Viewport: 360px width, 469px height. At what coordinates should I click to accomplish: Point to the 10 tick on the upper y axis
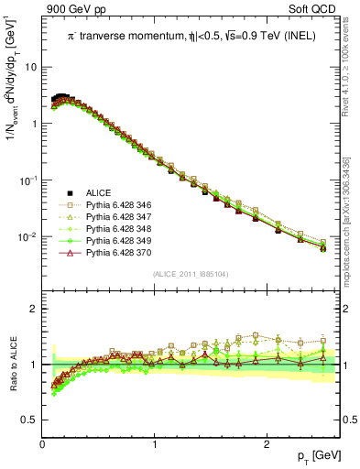click(x=31, y=67)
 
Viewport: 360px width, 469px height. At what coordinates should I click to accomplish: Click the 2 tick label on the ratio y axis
click(x=34, y=310)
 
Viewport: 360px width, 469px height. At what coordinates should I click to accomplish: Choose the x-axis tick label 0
click(x=42, y=443)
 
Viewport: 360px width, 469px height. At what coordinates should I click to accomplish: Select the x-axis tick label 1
click(x=154, y=443)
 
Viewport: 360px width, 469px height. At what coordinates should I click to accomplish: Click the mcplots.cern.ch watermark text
click(x=351, y=220)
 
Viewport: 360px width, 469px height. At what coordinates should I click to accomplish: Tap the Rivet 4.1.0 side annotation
click(x=351, y=64)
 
